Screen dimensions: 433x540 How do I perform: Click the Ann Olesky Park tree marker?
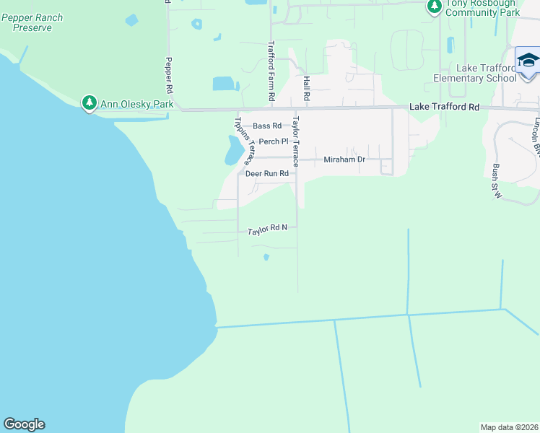click(x=90, y=104)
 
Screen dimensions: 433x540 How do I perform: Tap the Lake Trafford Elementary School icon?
click(x=528, y=60)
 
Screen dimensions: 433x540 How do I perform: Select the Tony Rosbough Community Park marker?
click(x=434, y=7)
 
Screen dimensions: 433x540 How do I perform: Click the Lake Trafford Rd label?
click(x=444, y=107)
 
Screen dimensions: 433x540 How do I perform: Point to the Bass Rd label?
click(x=266, y=126)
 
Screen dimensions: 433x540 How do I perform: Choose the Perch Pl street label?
click(x=274, y=141)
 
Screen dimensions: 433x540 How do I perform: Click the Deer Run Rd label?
click(x=266, y=174)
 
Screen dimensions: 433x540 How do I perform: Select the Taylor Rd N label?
click(x=267, y=229)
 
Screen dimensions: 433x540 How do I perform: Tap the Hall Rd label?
click(x=306, y=87)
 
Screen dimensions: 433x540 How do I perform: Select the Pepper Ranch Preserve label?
click(x=32, y=22)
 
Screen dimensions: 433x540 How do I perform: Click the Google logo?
click(x=24, y=424)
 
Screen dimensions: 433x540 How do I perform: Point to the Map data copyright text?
click(x=509, y=427)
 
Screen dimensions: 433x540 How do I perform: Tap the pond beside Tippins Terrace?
click(x=233, y=150)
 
